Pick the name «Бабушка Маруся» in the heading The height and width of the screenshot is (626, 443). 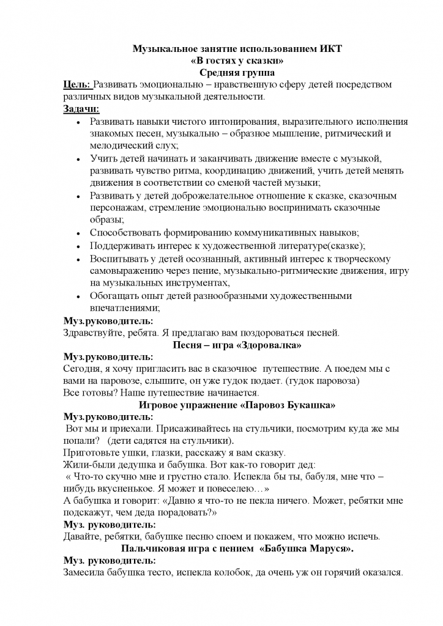304,548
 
